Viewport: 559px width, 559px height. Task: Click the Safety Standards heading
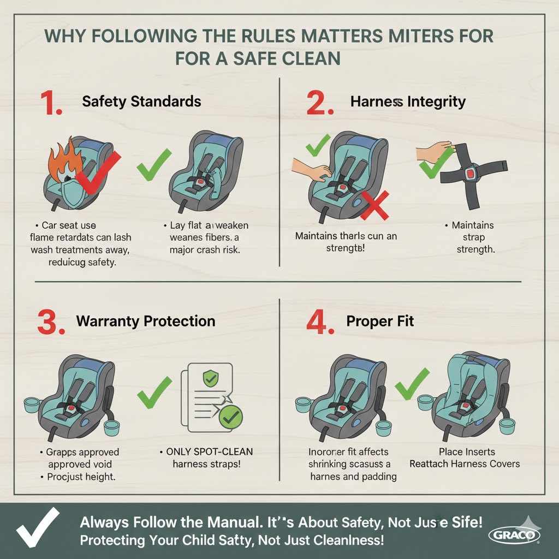click(141, 102)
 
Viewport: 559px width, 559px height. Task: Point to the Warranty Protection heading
click(146, 321)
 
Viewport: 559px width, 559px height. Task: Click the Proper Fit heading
click(380, 321)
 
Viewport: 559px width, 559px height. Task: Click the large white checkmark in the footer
click(37, 526)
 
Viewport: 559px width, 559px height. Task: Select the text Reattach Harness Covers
click(465, 464)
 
